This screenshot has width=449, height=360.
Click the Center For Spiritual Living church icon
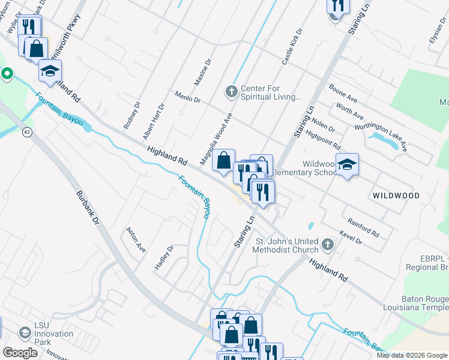pos(231,92)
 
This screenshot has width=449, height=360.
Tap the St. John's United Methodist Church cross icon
pos(327,244)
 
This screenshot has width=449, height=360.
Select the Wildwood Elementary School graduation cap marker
pos(347,164)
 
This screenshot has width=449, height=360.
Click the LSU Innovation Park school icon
pos(25,332)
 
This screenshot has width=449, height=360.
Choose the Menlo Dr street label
pos(187,97)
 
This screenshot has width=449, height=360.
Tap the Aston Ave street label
pos(136,239)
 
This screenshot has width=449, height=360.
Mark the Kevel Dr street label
pos(351,237)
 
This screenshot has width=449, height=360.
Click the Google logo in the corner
pos(20,353)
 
